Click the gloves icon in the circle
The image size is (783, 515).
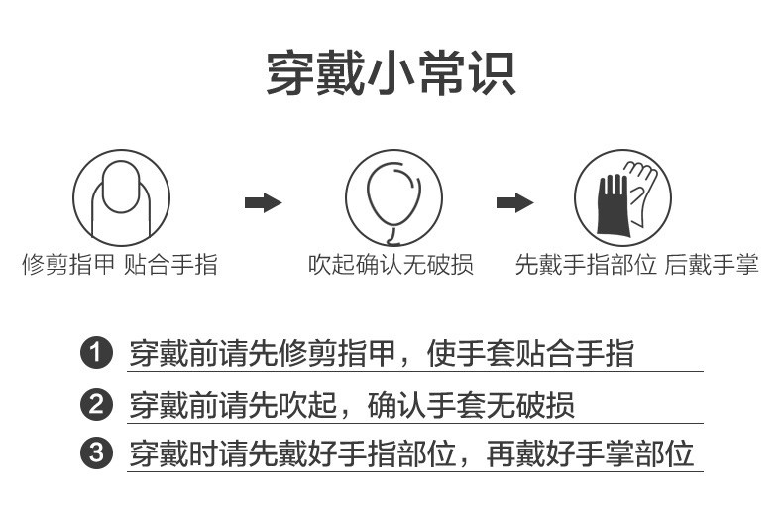pos(623,197)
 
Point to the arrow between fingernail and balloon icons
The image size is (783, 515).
pos(263,203)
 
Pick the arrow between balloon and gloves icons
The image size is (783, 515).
pos(514,203)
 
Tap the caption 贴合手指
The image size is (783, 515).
pos(170,265)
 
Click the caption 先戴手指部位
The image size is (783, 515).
pos(586,265)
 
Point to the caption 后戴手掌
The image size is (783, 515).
pos(712,265)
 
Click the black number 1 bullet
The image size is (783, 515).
pos(96,353)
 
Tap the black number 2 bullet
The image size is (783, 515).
pos(96,404)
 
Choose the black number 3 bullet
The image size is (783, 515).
pos(96,454)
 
